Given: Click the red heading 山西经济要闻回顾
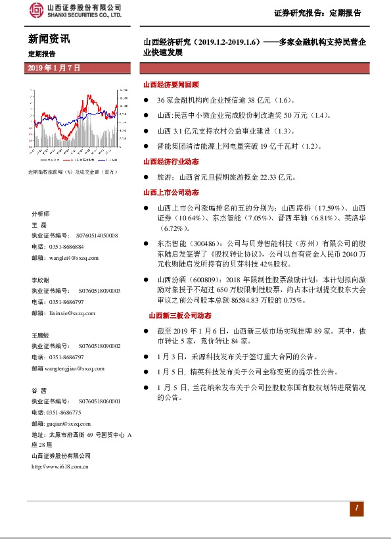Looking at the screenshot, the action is pyautogui.click(x=171, y=85).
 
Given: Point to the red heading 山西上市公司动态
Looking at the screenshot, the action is pyautogui.click(x=171, y=192).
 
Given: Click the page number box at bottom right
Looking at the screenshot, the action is pyautogui.click(x=356, y=508).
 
